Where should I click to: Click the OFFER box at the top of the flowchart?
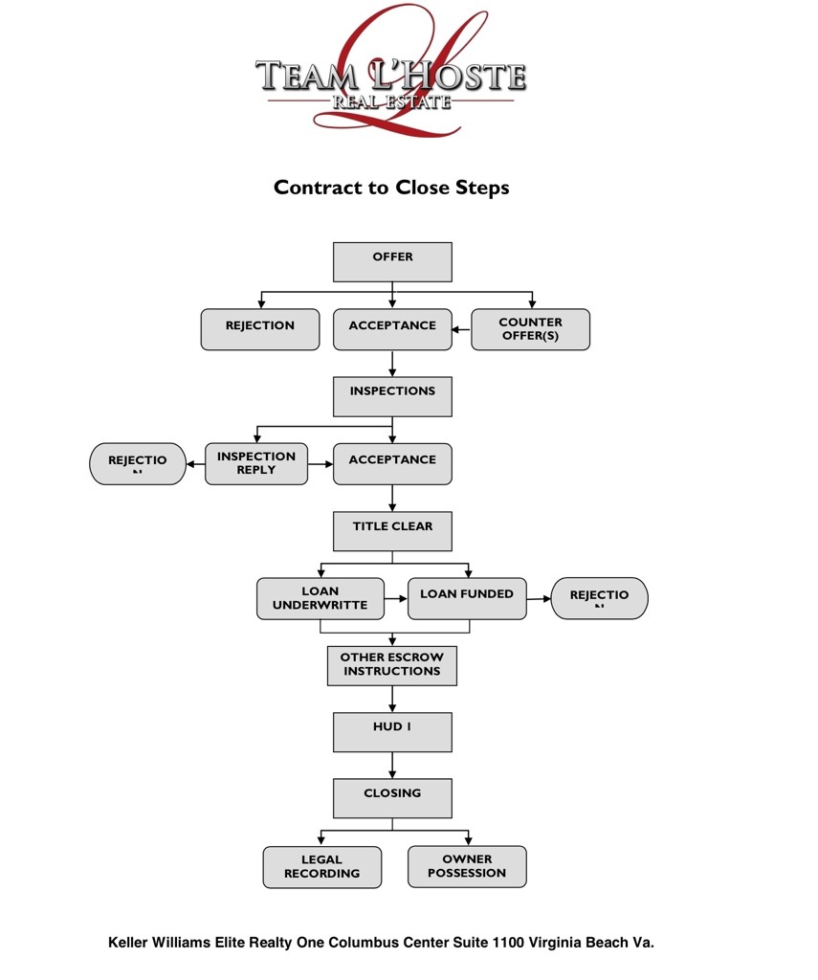(x=392, y=261)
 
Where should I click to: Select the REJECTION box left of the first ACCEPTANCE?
(x=260, y=329)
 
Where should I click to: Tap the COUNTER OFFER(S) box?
(x=530, y=329)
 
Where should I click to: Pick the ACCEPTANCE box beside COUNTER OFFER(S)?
(x=392, y=329)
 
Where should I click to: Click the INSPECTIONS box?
(x=392, y=396)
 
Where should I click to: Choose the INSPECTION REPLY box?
(x=256, y=463)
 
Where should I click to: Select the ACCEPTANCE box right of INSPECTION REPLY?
(x=392, y=463)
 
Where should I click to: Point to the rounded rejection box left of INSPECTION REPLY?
(x=138, y=463)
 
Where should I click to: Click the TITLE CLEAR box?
(x=392, y=531)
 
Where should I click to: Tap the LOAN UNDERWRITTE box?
(x=320, y=598)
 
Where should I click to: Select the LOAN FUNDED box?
(x=467, y=598)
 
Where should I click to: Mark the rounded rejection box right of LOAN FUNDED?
(x=600, y=598)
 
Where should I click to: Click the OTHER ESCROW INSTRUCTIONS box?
(x=392, y=665)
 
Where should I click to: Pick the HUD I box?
(x=392, y=732)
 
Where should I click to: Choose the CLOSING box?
(x=392, y=798)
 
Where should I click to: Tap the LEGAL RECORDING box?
(x=322, y=867)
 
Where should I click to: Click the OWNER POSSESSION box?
(x=467, y=866)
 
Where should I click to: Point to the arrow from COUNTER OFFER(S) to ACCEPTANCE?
(x=461, y=330)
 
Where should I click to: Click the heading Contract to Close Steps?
(x=391, y=188)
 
